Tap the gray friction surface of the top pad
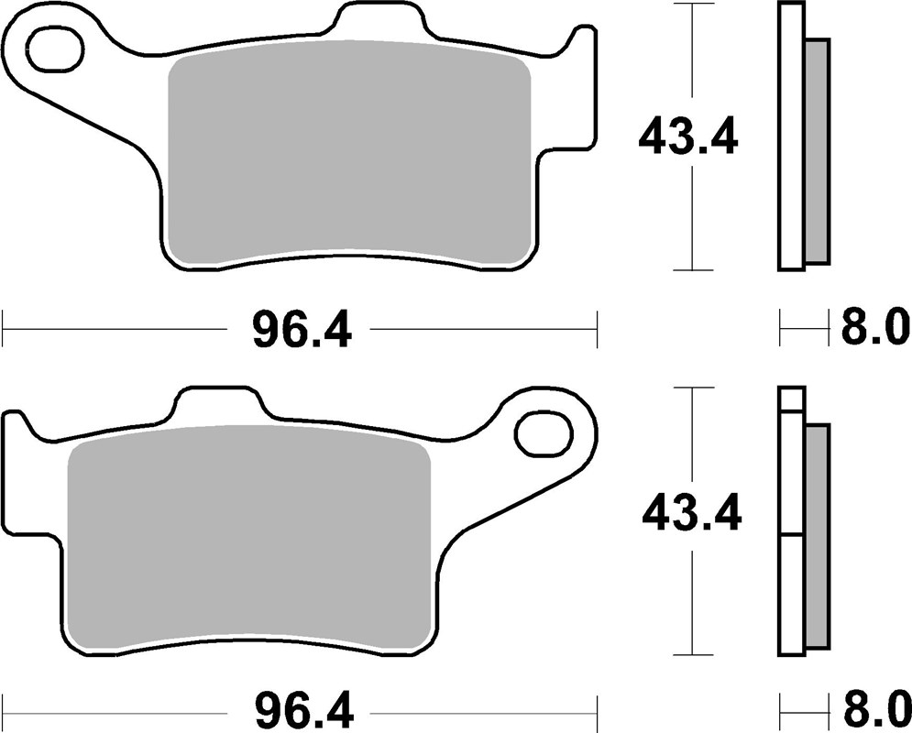click(x=348, y=156)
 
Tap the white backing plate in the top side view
click(x=791, y=137)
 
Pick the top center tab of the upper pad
click(x=381, y=20)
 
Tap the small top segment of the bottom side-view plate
click(x=791, y=399)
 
